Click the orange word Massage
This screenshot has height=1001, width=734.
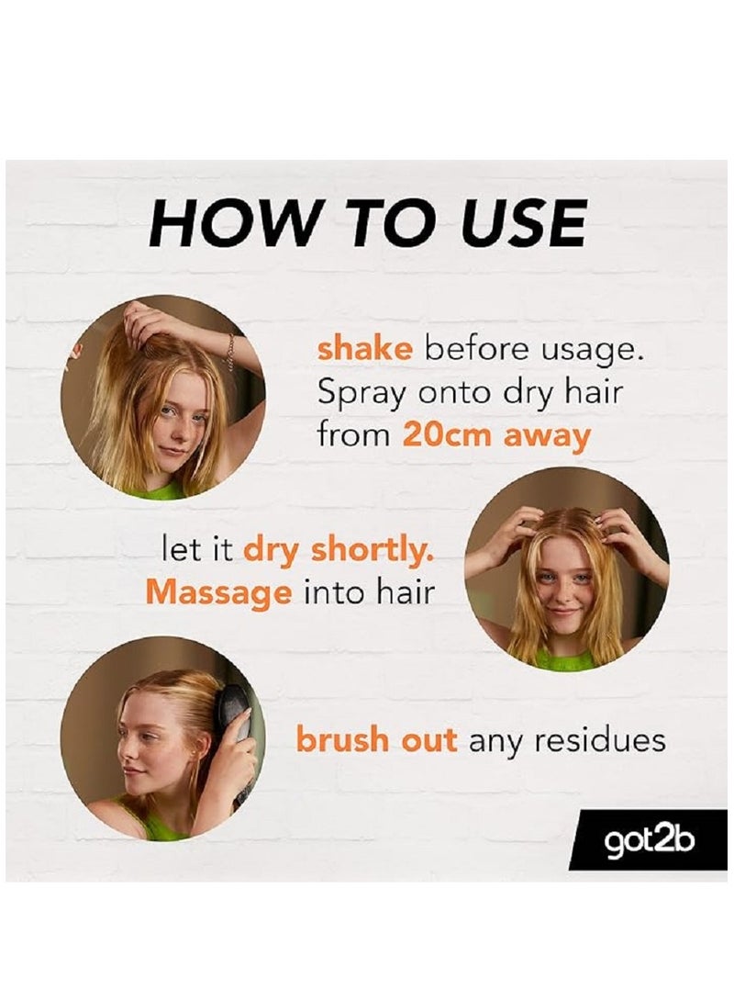pyautogui.click(x=217, y=592)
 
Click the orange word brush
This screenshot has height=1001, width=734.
pyautogui.click(x=339, y=740)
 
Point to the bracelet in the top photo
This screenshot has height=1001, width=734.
pyautogui.click(x=229, y=351)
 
